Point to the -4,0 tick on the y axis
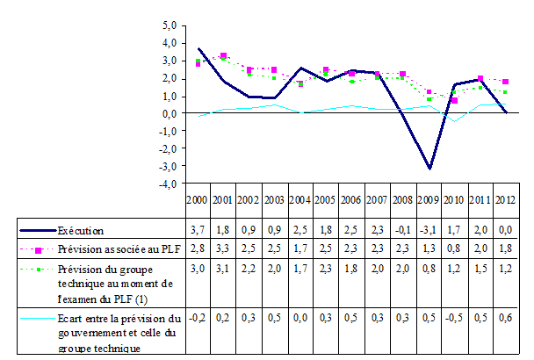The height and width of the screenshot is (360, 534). [170, 184]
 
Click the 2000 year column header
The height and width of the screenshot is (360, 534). [198, 200]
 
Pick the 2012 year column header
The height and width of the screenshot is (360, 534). [503, 200]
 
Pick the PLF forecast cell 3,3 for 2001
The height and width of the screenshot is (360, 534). [224, 248]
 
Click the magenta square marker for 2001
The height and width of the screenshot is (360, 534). [224, 55]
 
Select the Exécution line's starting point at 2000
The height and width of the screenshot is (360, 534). [198, 48]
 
